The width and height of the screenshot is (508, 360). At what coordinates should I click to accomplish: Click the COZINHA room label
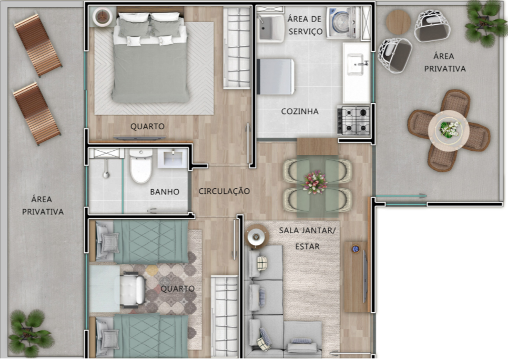300,111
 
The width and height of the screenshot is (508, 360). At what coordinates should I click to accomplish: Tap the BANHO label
165,192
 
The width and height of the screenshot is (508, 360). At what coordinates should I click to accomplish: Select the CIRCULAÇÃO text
224,191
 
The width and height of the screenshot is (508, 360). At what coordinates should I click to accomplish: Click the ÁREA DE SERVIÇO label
305,25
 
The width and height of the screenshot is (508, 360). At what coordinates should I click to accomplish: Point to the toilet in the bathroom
141,166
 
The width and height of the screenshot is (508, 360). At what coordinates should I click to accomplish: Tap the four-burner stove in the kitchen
354,120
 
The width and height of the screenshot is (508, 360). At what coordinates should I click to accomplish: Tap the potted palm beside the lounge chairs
31,333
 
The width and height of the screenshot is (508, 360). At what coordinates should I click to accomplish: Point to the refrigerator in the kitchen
275,77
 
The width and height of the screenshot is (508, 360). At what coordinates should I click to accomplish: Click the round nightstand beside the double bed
103,16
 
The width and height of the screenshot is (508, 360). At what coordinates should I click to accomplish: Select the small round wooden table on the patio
398,22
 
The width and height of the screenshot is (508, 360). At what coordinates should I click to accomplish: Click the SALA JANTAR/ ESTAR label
307,238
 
